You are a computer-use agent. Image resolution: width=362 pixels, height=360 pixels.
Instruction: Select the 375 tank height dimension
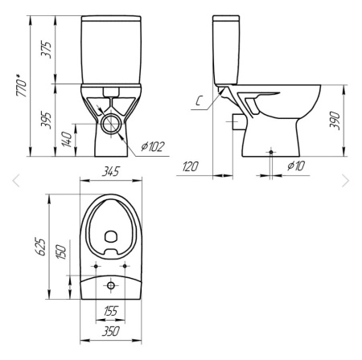point(49,48)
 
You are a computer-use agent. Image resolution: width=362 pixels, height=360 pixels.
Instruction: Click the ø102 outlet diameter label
point(151,146)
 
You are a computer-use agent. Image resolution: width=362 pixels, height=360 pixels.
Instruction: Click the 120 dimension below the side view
point(191,166)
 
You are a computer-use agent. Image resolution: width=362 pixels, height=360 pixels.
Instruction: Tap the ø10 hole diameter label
point(296,166)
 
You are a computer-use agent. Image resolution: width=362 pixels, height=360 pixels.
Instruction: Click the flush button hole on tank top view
point(110,285)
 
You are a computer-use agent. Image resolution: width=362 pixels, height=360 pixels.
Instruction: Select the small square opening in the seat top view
point(110,236)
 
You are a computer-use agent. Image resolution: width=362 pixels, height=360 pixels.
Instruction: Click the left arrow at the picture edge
point(14,181)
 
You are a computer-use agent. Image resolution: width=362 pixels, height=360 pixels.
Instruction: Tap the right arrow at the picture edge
point(347,181)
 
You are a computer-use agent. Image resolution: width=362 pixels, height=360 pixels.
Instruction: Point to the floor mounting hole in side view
point(271,151)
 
